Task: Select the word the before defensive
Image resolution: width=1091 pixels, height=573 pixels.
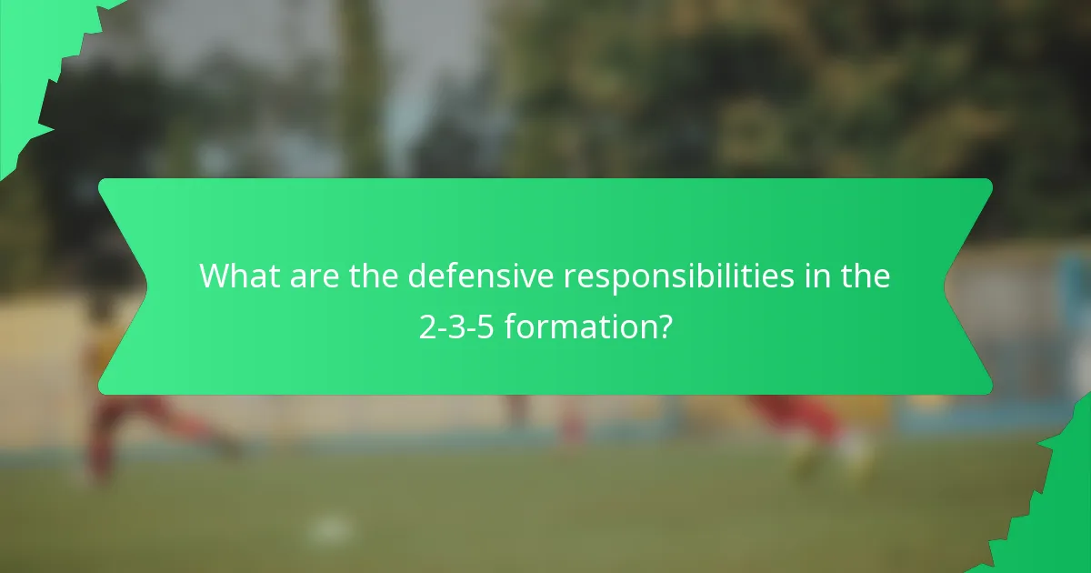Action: click(375, 276)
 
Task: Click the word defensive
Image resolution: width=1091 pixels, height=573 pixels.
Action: click(481, 276)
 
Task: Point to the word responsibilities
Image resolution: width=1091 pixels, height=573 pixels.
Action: click(678, 277)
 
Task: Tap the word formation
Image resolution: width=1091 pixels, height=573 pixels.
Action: click(578, 326)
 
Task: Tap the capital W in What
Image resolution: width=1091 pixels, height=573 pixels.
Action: click(215, 276)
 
